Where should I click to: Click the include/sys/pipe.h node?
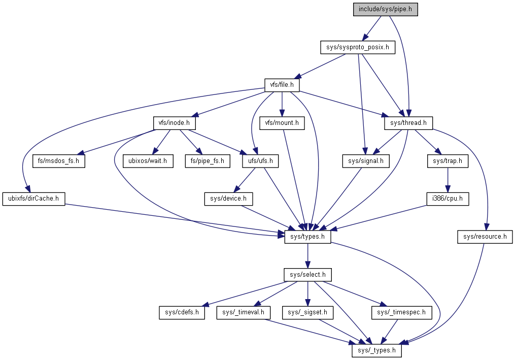(x=385, y=9)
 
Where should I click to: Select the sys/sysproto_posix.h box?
(x=357, y=48)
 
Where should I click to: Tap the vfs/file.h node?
(x=282, y=85)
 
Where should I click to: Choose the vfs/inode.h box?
(x=175, y=122)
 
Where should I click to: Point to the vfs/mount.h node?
(x=282, y=122)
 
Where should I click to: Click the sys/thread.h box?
(x=408, y=122)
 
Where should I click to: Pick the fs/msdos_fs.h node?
(x=58, y=161)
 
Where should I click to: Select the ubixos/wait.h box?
(x=148, y=161)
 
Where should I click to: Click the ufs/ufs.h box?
(x=260, y=161)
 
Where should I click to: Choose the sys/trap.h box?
(x=447, y=161)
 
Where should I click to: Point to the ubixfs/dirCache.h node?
(x=34, y=199)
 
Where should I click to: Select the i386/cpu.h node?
(x=447, y=199)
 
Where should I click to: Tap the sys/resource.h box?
(x=485, y=236)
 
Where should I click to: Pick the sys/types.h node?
(x=307, y=236)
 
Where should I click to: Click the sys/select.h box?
(x=307, y=275)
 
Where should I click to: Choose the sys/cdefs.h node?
(x=181, y=312)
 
